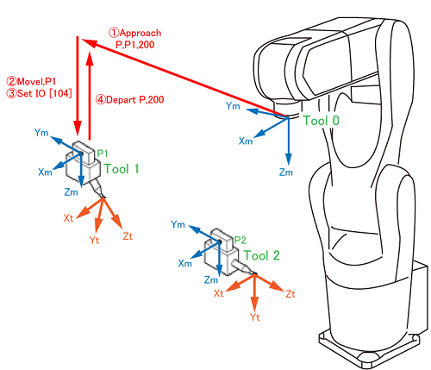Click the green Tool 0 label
tap(322, 121)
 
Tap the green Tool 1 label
tap(122, 169)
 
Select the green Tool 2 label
tap(261, 255)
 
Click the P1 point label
tap(102, 154)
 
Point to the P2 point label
tap(240, 240)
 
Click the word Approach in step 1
tap(141, 33)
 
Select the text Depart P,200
tap(135, 100)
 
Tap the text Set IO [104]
tap(44, 93)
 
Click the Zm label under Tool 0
tap(286, 172)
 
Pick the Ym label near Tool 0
tap(233, 106)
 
